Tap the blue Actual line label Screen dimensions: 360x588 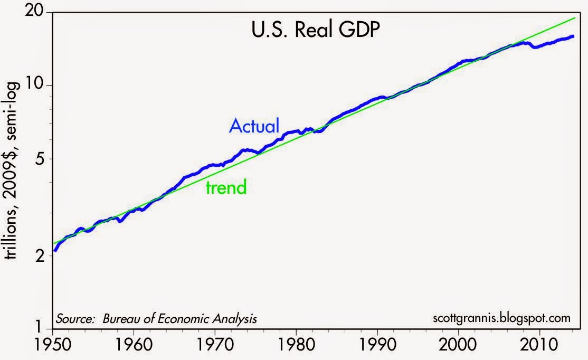(x=254, y=126)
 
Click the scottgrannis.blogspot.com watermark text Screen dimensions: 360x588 (x=501, y=318)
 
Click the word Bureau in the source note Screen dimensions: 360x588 (x=122, y=319)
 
